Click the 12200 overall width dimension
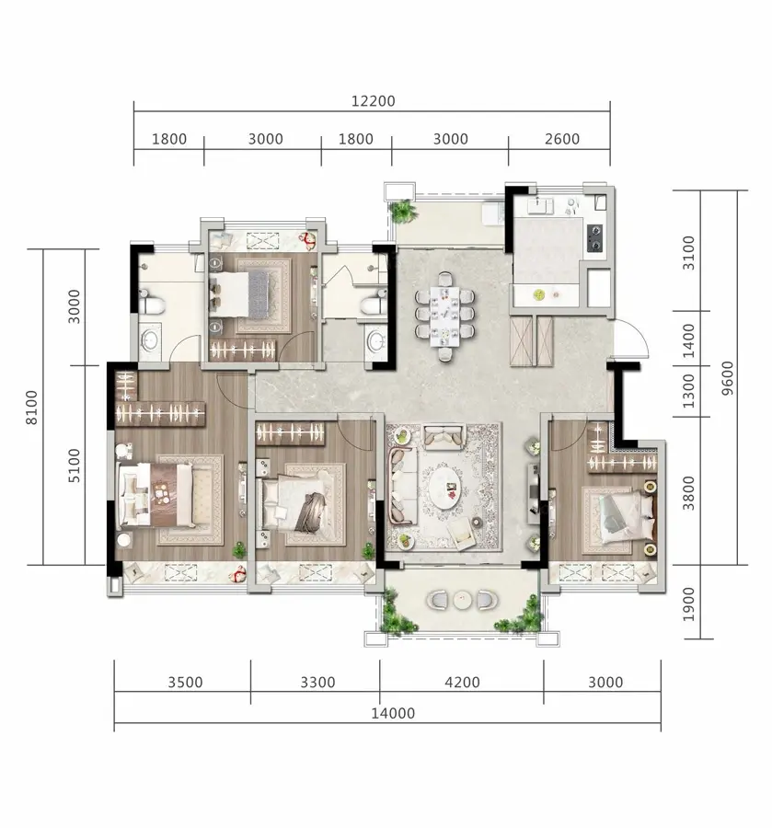coord(374,101)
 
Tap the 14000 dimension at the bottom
coord(393,713)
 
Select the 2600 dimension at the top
coord(562,139)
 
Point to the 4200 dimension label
coord(462,683)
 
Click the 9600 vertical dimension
coord(727,378)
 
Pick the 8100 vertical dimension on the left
coord(31,408)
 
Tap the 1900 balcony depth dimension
coord(688,604)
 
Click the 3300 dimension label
coord(317,683)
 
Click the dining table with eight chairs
coord(444,316)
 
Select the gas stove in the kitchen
coord(594,237)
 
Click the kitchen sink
coord(539,204)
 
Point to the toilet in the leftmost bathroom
coord(152,302)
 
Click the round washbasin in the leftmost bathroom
coord(149,340)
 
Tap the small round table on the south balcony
coord(462,599)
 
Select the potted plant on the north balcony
coord(404,212)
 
